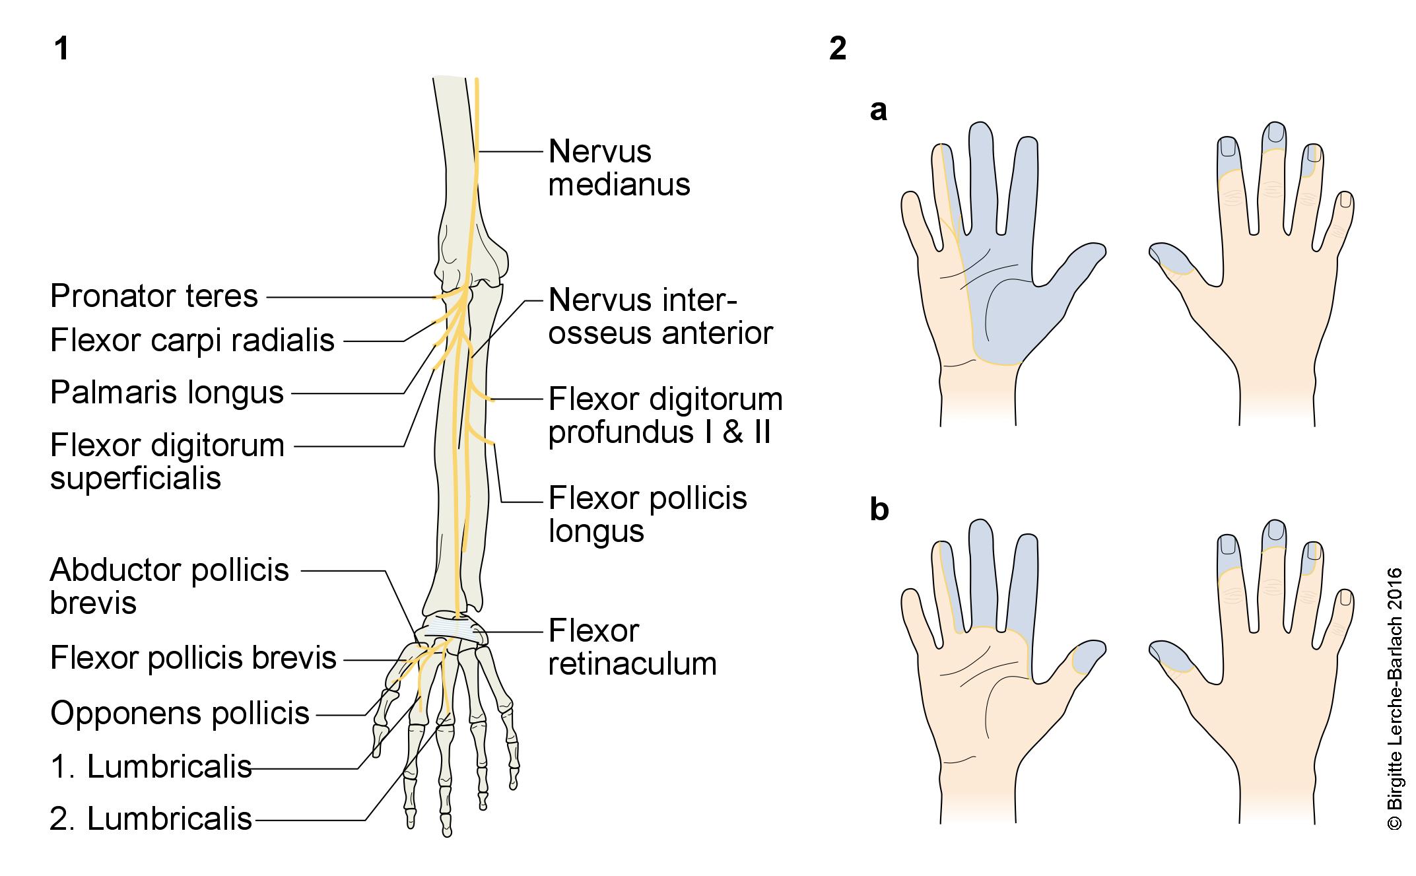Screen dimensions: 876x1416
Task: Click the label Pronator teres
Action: pos(154,296)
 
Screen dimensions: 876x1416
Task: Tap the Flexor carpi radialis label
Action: pos(192,341)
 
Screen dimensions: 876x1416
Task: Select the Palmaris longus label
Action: pos(166,393)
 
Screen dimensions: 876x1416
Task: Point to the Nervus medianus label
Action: pos(619,168)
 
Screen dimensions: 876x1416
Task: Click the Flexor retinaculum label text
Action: pos(632,648)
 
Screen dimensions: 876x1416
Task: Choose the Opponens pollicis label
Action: pos(180,714)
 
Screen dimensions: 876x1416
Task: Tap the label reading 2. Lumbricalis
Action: pos(151,819)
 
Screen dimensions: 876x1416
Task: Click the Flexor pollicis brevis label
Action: pos(193,658)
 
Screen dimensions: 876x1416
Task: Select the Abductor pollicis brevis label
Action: pos(169,586)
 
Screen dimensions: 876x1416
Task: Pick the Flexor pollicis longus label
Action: pos(647,514)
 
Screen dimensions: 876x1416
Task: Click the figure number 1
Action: pos(61,48)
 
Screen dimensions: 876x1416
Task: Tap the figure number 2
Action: pos(837,48)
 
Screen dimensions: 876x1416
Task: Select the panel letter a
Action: pos(878,111)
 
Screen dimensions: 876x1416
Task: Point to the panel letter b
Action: pos(879,510)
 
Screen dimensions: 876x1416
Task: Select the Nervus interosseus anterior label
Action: pos(660,317)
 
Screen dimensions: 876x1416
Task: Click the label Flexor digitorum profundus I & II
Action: pos(665,416)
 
